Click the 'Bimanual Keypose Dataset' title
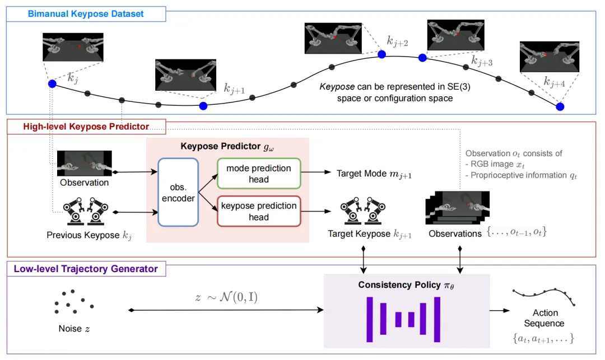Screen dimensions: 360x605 (86, 13)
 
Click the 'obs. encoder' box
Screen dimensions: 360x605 (178, 192)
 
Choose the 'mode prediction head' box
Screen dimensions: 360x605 (258, 174)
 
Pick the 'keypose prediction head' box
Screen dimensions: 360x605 (258, 211)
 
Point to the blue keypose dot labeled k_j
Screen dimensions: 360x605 (52, 84)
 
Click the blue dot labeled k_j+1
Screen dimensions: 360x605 (203, 106)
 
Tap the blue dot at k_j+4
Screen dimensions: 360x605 (559, 106)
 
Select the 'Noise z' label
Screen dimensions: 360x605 (74, 329)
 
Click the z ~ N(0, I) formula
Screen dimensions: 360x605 (226, 297)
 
